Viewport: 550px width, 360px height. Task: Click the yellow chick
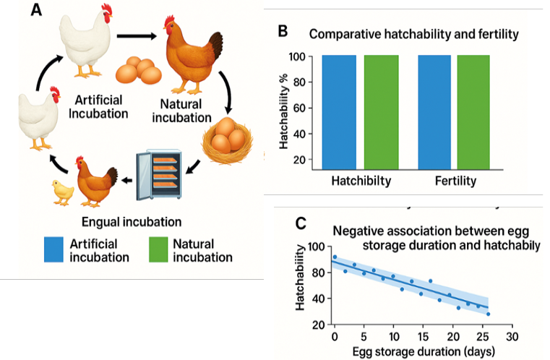63,192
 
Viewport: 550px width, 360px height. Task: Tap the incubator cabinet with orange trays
159,174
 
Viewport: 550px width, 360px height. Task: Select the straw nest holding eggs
227,141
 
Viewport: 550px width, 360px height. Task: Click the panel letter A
36,10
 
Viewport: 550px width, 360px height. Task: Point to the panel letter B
283,31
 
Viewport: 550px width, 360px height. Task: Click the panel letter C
301,223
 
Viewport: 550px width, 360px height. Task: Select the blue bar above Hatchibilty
339,112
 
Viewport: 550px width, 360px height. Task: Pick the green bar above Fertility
473,112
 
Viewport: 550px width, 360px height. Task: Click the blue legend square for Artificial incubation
53,249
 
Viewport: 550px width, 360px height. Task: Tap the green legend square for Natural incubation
158,249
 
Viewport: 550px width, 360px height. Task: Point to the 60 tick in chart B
299,108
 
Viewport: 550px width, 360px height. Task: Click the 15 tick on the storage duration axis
423,337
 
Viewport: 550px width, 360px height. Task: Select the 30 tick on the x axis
512,337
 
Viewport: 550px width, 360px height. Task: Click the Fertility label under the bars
455,181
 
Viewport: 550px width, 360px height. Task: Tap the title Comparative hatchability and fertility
414,34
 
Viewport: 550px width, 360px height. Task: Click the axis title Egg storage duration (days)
424,351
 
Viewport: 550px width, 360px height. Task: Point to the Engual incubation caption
132,222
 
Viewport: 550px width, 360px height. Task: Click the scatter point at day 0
335,257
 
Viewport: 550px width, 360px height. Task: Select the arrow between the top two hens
137,36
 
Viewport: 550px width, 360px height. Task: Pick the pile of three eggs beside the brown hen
139,71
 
